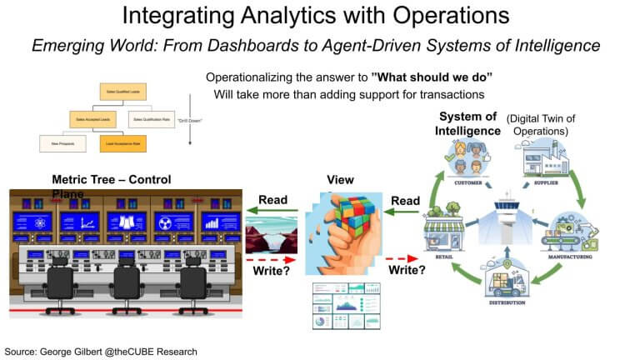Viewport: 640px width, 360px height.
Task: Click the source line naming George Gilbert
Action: click(x=101, y=352)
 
